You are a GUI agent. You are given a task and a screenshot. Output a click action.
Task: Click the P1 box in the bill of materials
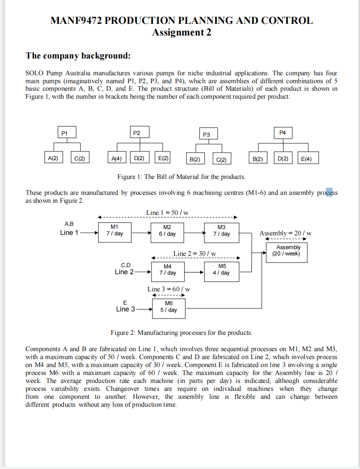click(x=63, y=133)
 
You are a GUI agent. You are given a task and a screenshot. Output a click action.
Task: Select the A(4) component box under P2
click(x=117, y=158)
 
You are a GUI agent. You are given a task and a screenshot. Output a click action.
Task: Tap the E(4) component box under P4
click(x=308, y=159)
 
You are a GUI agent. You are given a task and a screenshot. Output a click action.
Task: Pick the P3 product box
click(x=206, y=135)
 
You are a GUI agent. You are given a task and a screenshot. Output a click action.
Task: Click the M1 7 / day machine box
click(x=114, y=231)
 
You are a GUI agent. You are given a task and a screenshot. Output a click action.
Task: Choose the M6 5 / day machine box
click(x=169, y=307)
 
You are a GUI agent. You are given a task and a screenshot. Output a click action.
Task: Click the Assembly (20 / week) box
click(x=286, y=251)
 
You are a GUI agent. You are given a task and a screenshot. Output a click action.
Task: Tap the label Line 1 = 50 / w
click(x=167, y=213)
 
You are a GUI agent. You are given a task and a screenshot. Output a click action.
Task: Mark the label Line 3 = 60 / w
click(x=169, y=289)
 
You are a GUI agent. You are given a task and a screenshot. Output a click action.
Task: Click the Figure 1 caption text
click(x=181, y=177)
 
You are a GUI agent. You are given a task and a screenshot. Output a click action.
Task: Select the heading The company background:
click(x=78, y=56)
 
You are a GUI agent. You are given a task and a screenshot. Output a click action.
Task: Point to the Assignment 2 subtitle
click(x=181, y=32)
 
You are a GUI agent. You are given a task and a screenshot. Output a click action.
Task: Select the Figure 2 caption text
click(x=181, y=333)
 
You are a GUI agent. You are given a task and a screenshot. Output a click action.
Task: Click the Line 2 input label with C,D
click(x=124, y=269)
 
